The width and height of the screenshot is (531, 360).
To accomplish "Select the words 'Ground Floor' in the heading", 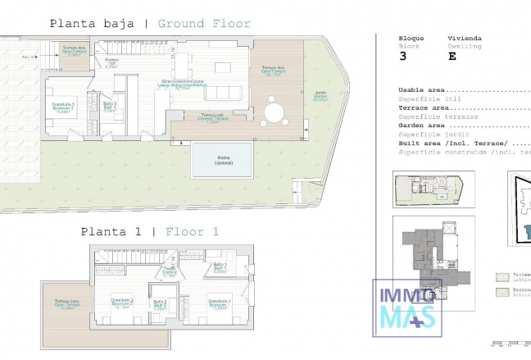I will (x=204, y=24).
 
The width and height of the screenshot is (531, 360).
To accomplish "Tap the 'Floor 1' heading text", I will (x=192, y=232).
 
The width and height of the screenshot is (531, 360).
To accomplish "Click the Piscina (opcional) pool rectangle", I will (x=221, y=160).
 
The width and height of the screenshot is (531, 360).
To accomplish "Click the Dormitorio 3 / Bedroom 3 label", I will (x=64, y=106).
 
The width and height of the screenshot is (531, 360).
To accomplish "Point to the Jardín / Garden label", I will (x=320, y=95).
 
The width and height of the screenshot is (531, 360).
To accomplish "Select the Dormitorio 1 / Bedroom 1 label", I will (x=219, y=303).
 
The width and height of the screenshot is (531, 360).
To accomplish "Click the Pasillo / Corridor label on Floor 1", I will (x=170, y=271).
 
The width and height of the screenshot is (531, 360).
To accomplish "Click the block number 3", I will (x=402, y=57).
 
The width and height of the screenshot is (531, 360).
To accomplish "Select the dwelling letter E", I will (x=452, y=57).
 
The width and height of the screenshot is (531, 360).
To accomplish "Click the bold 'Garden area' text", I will (x=421, y=125).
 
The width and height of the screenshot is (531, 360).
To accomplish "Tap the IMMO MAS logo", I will (x=407, y=308).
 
